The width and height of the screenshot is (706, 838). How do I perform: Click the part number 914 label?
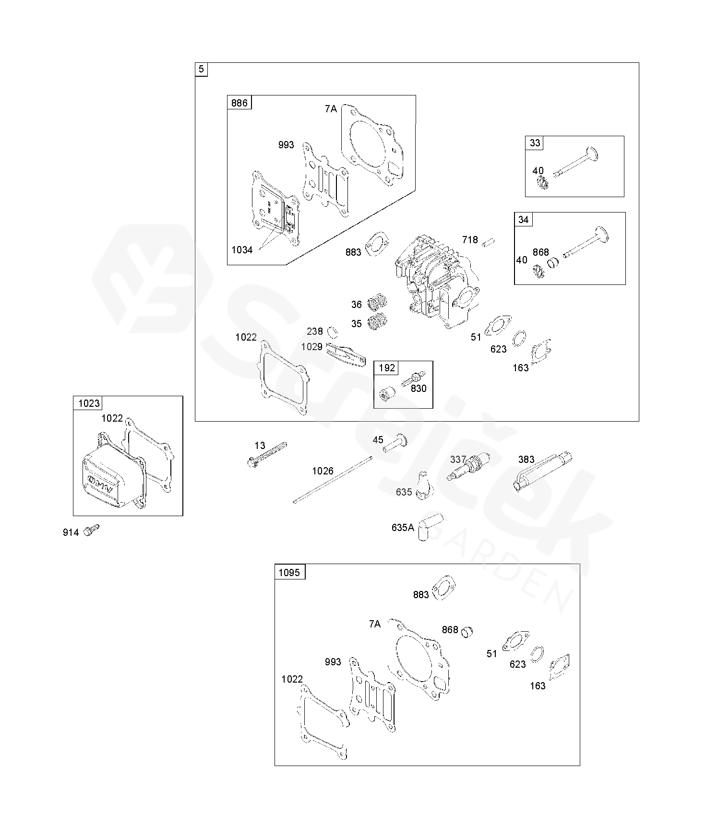tap(71, 532)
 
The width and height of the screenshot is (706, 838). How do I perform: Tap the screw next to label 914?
tap(91, 530)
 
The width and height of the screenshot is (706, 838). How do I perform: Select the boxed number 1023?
tap(88, 403)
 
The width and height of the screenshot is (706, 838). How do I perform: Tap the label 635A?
tap(402, 528)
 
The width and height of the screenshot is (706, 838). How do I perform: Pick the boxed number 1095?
tap(289, 572)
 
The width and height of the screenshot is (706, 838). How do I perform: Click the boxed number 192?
tap(386, 368)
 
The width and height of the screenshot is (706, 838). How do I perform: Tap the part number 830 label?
tap(419, 389)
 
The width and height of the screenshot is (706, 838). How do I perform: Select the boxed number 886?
tap(239, 103)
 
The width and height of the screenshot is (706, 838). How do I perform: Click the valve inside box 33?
tap(576, 163)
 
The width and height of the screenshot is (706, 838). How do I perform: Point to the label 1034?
tap(242, 249)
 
